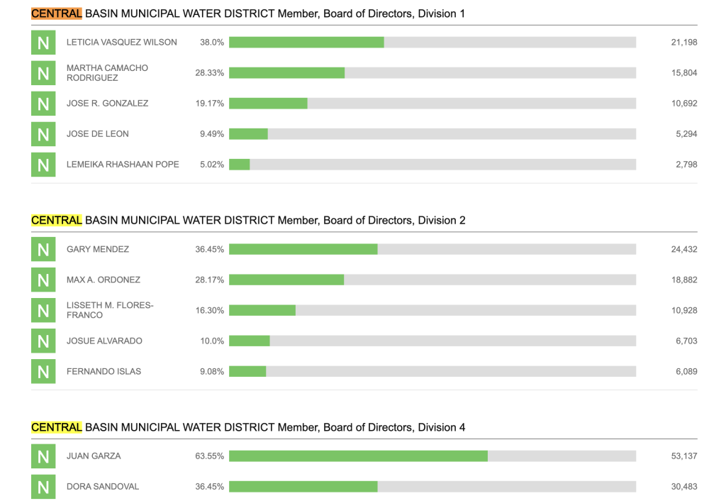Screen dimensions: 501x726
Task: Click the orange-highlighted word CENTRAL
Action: pos(57,13)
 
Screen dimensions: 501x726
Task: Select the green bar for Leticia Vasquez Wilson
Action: pos(306,43)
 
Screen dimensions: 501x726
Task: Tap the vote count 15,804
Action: pos(684,73)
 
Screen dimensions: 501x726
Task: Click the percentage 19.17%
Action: pos(210,104)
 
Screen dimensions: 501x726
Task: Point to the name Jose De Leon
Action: pos(98,134)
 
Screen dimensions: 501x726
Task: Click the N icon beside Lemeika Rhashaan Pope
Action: pos(43,165)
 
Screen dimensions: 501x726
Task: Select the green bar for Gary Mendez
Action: pos(303,250)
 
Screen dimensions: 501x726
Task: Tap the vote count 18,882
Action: pos(684,280)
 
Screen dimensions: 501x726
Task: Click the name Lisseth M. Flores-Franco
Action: pos(110,310)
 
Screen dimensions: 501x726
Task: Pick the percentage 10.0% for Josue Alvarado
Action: pos(212,341)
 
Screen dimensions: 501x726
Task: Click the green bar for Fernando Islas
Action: pos(247,372)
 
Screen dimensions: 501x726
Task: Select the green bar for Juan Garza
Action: pos(358,456)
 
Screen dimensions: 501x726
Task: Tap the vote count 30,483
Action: pos(684,487)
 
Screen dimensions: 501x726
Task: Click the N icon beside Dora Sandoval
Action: pos(43,487)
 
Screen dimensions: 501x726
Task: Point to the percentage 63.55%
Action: pos(210,456)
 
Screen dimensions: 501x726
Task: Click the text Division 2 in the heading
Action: pos(442,221)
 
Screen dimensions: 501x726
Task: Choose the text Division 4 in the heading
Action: pos(442,427)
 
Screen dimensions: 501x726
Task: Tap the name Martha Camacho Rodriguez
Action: pos(107,73)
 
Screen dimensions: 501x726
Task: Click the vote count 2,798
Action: pos(686,165)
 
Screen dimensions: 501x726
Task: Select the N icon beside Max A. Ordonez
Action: pos(43,280)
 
